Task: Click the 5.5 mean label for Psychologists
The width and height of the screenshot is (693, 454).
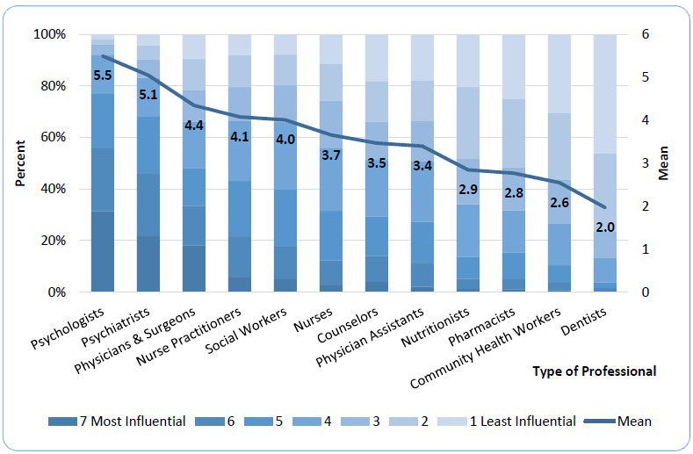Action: click(104, 76)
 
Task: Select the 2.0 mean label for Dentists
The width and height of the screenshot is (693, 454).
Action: click(606, 227)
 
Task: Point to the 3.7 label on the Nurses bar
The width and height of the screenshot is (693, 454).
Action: click(332, 155)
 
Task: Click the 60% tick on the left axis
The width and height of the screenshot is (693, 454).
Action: click(49, 138)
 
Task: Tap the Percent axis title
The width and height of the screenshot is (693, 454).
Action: click(19, 163)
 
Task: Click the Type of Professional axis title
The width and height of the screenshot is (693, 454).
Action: click(594, 371)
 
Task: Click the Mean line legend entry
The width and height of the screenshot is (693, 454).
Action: click(623, 422)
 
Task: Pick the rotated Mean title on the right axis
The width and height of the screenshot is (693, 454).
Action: click(664, 163)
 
